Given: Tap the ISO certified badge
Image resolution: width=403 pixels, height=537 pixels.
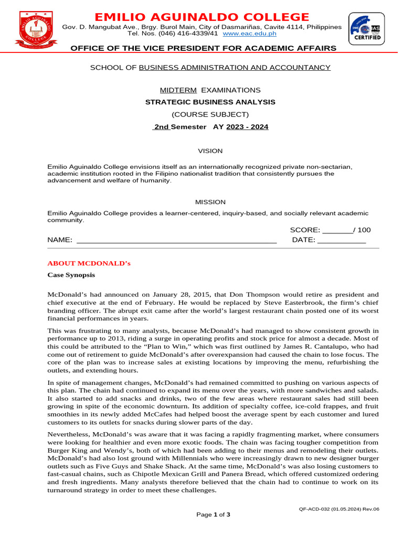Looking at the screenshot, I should [365, 29].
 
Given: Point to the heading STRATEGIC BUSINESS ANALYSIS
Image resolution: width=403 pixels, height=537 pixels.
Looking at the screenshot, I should [210, 102].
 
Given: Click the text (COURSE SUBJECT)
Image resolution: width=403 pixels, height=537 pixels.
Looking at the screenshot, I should [210, 114].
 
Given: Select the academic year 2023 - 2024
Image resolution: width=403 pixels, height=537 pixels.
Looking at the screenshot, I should [247, 127].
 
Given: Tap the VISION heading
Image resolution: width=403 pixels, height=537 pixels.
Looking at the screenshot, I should [210, 151].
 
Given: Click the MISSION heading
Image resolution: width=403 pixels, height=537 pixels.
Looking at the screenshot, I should [210, 202].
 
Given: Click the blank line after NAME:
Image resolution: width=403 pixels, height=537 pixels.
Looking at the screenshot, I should [176, 240].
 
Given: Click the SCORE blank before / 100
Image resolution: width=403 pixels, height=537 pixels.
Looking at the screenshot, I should [337, 230].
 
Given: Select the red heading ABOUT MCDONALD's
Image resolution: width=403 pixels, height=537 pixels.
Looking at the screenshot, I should [89, 263].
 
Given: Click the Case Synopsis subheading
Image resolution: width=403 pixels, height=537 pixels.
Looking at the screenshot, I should [71, 275].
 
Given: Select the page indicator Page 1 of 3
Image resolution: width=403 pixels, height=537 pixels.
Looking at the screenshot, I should [213, 514].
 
